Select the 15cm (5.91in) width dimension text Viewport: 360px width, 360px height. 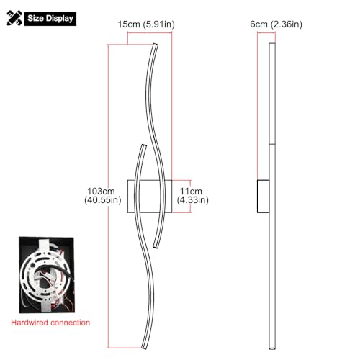(145, 25)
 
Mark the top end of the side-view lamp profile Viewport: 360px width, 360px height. (271, 45)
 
